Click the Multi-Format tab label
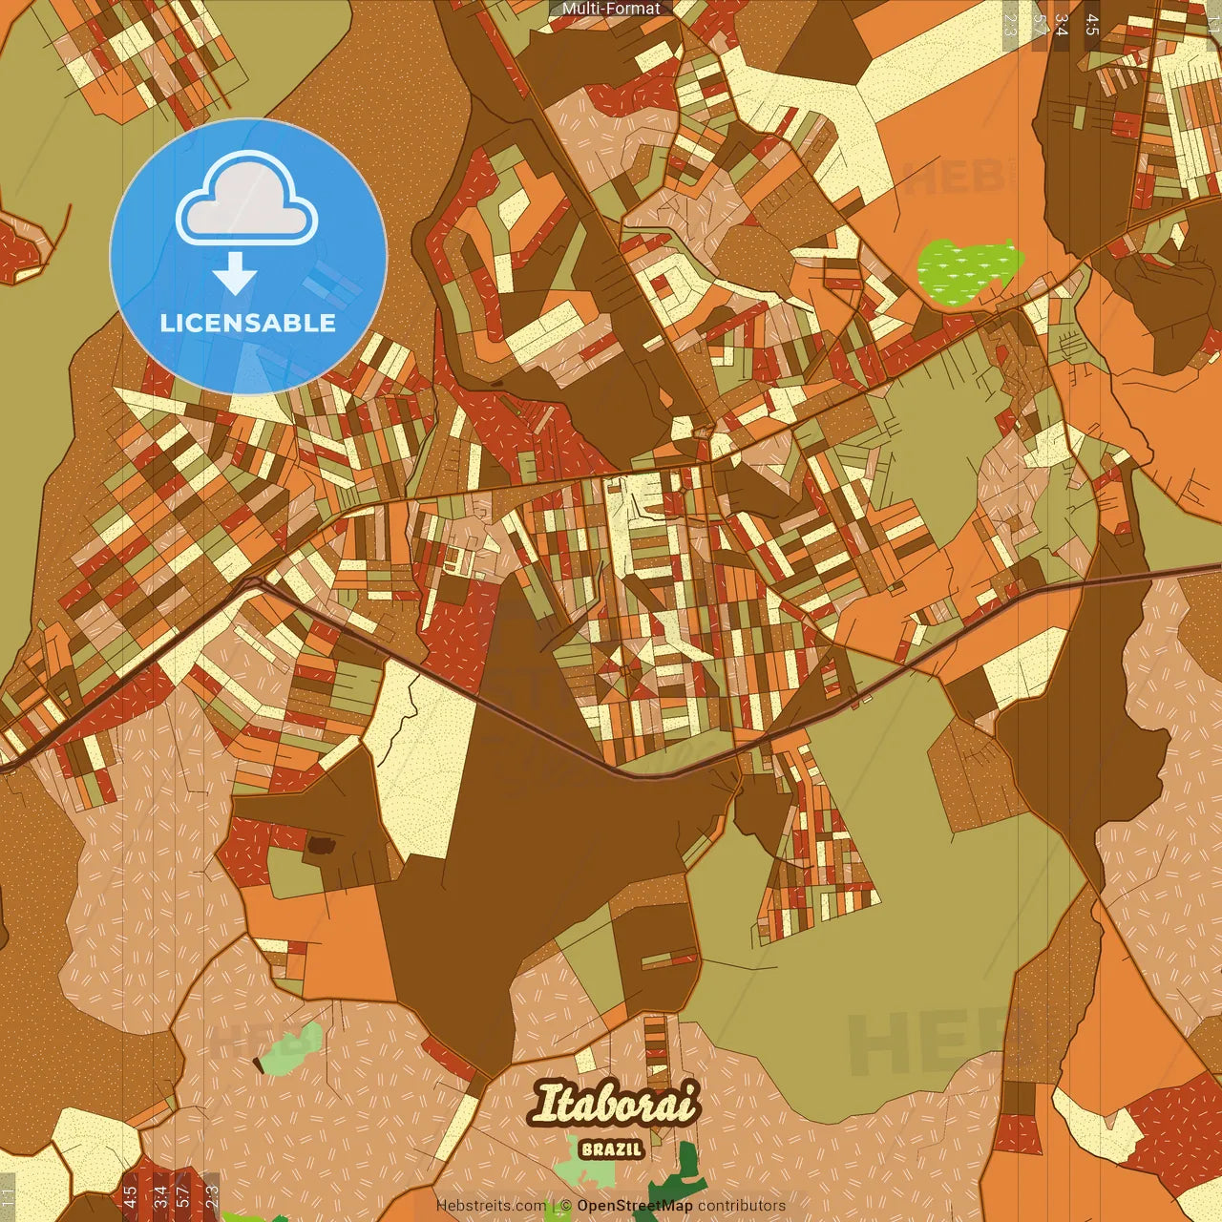[611, 9]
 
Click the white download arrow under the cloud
[235, 276]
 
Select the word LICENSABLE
[248, 323]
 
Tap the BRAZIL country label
[612, 1150]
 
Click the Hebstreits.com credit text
[491, 1206]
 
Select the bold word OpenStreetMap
[634, 1206]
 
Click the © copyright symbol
[566, 1206]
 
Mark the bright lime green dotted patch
[967, 268]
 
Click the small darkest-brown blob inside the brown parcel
[321, 845]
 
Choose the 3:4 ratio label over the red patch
[159, 1197]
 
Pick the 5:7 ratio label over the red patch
[182, 1197]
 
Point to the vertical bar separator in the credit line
[555, 1206]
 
